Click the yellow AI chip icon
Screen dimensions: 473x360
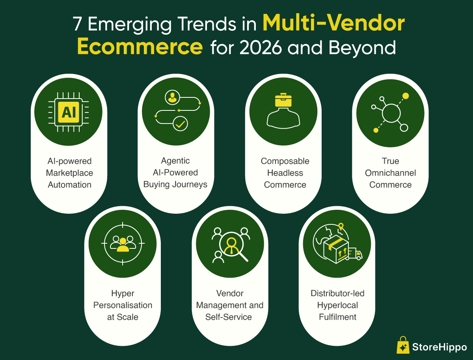(69, 112)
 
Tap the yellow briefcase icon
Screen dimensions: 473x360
(283, 100)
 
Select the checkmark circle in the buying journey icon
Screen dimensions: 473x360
(180, 124)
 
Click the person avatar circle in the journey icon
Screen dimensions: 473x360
(172, 97)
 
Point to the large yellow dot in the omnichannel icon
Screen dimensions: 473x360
(406, 96)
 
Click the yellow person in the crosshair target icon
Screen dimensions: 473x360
(123, 245)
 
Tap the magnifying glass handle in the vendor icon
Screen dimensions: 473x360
(244, 257)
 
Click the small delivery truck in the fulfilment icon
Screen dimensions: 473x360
(355, 254)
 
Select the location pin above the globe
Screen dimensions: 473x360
(341, 226)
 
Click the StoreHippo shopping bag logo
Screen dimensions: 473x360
(403, 345)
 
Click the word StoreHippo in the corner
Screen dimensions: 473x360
(439, 347)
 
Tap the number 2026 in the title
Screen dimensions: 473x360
(261, 47)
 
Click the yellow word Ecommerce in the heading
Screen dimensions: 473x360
(140, 47)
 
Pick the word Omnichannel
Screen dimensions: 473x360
(390, 173)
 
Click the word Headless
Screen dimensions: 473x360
(285, 173)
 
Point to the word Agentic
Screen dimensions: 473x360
(175, 161)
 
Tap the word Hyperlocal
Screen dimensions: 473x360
(337, 305)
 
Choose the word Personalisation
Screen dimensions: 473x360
(123, 305)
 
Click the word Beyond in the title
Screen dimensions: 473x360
(362, 48)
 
